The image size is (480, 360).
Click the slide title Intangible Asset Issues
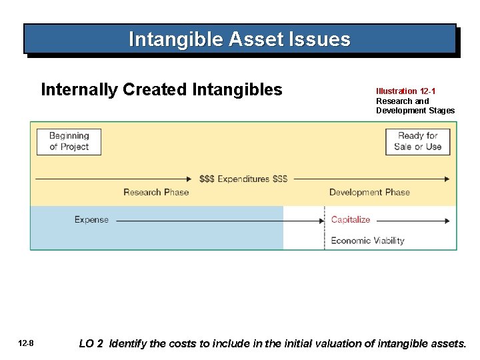click(239, 39)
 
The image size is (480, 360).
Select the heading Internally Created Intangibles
click(161, 89)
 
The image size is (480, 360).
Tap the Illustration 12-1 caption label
click(406, 91)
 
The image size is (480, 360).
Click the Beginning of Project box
click(69, 141)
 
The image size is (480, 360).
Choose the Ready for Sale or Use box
click(417, 141)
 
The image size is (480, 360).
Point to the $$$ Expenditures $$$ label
click(243, 179)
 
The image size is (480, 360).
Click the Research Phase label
click(156, 193)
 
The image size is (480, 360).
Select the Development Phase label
click(369, 193)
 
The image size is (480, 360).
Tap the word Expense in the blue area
click(91, 220)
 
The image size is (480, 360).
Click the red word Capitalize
click(350, 220)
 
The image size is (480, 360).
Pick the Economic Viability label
click(367, 241)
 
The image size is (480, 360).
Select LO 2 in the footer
click(91, 344)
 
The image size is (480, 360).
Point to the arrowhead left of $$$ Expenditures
click(189, 179)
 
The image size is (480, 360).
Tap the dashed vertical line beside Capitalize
click(324, 230)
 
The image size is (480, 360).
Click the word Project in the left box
click(75, 147)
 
